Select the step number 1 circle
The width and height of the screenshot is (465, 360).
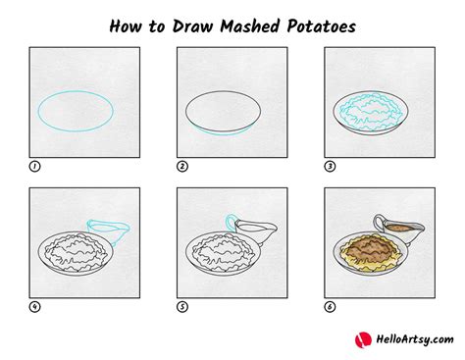point(35,167)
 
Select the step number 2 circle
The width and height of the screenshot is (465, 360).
point(182,167)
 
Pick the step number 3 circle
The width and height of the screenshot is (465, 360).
point(330,167)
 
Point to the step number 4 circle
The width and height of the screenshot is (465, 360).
point(35,306)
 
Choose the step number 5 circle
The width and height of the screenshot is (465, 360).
point(182,306)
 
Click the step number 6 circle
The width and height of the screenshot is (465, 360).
point(330,306)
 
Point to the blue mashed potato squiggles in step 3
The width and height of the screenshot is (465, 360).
point(373,111)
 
